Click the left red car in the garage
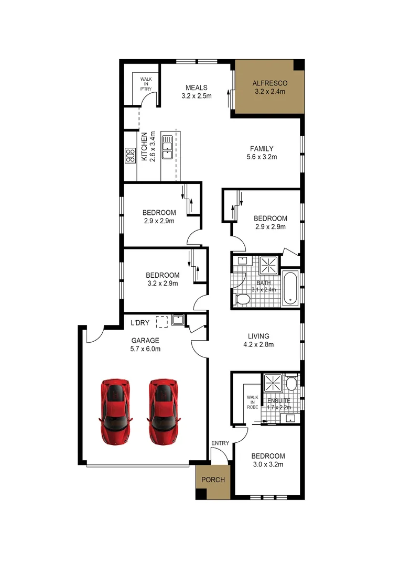click(116, 412)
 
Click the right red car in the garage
click(164, 412)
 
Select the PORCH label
click(213, 480)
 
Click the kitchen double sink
click(168, 146)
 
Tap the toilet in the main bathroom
click(242, 299)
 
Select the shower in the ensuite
click(273, 383)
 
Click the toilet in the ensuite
click(291, 384)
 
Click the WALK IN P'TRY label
click(146, 84)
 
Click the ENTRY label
click(220, 443)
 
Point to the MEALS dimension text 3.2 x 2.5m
click(196, 96)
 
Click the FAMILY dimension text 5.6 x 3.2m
click(261, 157)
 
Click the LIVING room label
click(258, 336)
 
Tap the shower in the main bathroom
click(272, 266)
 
